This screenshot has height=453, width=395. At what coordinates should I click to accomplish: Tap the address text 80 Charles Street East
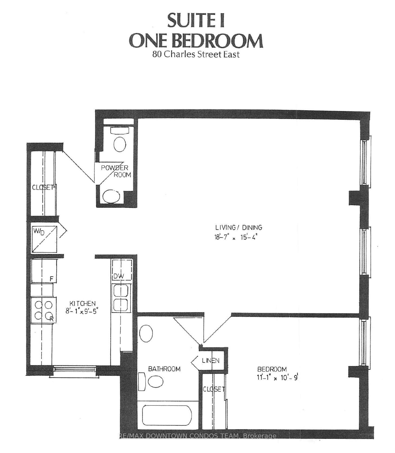tap(196, 54)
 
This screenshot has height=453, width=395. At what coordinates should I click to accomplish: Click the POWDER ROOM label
tap(116, 171)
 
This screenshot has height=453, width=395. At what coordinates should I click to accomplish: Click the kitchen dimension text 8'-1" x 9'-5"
tap(81, 311)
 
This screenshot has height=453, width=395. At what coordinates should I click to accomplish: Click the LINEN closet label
tap(211, 360)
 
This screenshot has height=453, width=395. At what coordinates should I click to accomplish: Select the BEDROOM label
tap(272, 369)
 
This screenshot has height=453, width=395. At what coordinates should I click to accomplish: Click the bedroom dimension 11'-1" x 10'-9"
tap(277, 377)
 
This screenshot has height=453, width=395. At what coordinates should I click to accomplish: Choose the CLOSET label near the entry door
tap(43, 187)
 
